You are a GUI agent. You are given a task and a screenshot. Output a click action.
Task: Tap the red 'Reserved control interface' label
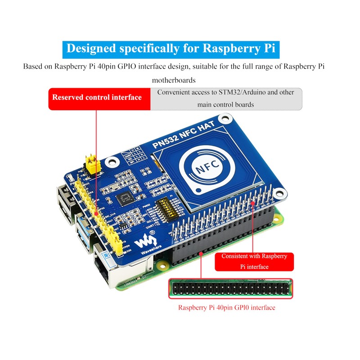97,97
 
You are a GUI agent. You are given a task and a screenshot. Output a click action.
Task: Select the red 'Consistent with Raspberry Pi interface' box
254,261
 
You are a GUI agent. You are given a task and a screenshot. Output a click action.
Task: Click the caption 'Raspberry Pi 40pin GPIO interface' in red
226,308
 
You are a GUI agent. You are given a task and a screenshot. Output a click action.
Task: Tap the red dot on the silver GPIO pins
254,203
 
